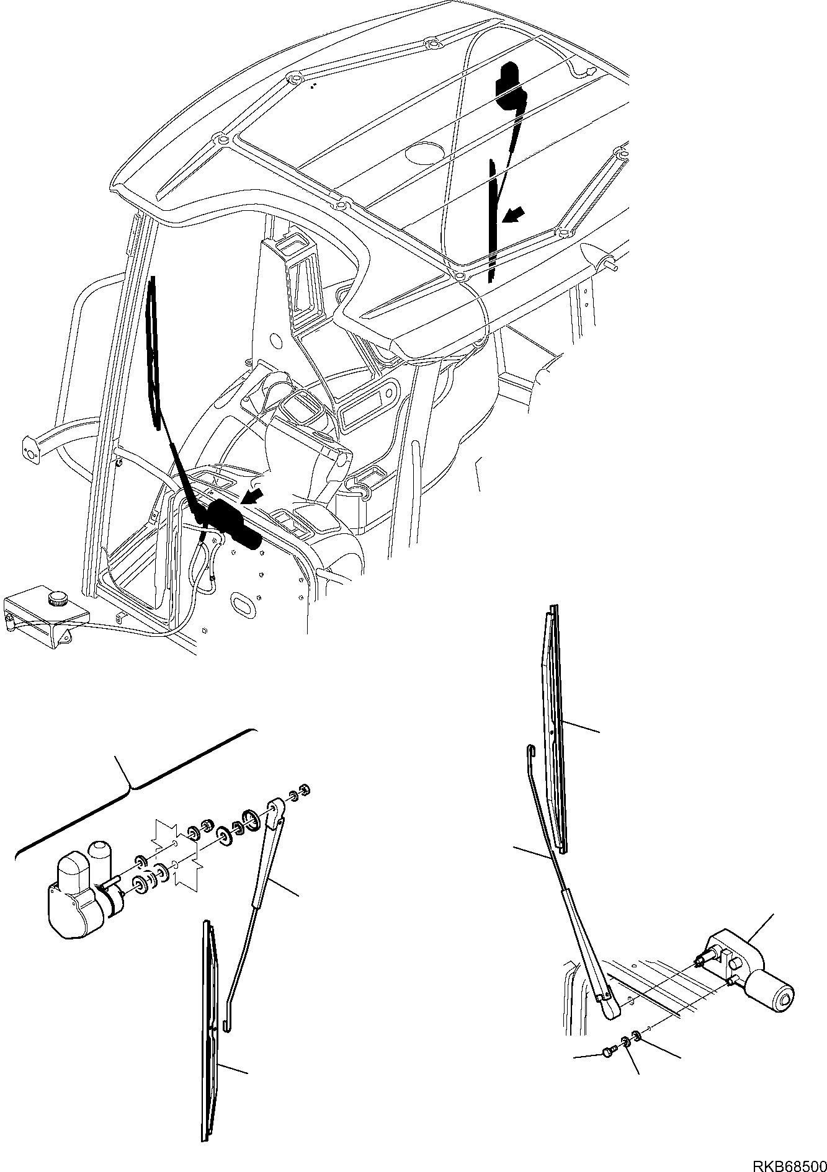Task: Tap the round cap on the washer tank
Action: click(58, 599)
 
